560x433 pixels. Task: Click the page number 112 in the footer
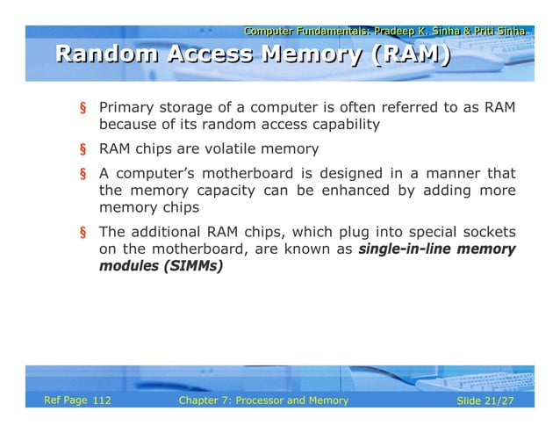(101, 401)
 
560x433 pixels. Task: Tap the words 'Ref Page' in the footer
(66, 401)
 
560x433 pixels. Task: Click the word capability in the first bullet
(339, 125)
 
